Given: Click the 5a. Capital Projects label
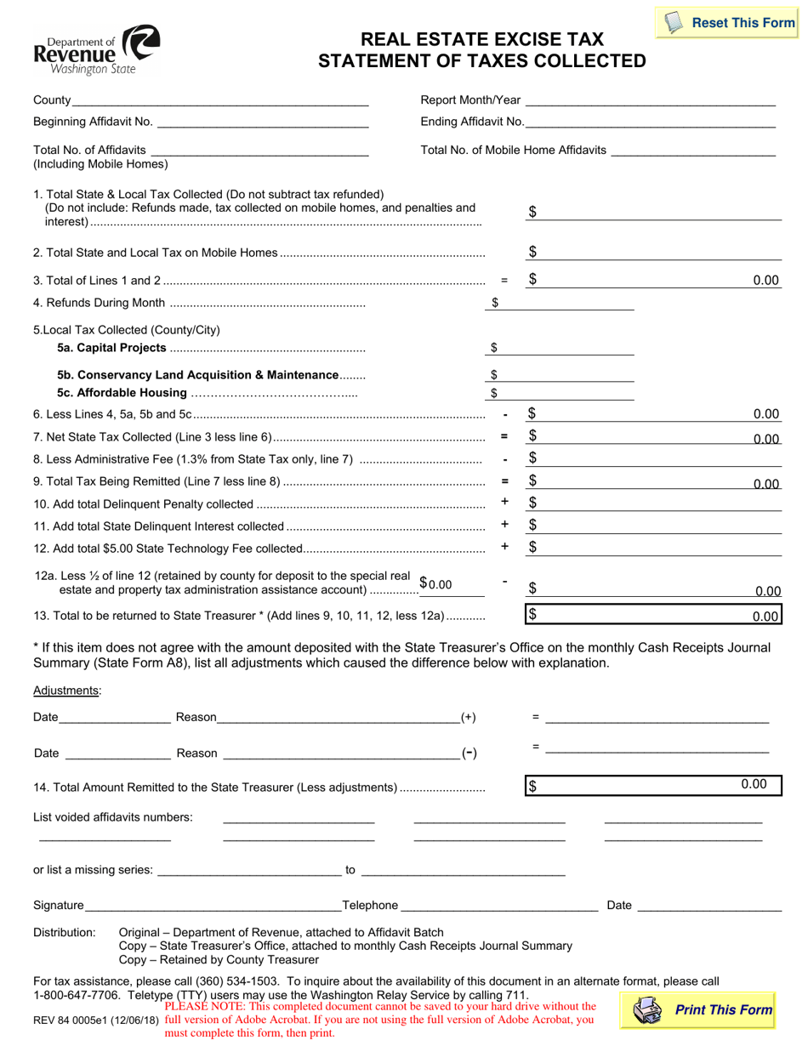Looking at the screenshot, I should (111, 348).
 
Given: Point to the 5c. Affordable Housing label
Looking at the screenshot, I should (122, 393).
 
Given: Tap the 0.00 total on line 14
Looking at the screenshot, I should (754, 784).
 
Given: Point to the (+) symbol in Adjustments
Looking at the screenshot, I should (468, 718).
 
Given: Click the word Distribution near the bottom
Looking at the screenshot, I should (64, 933).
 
